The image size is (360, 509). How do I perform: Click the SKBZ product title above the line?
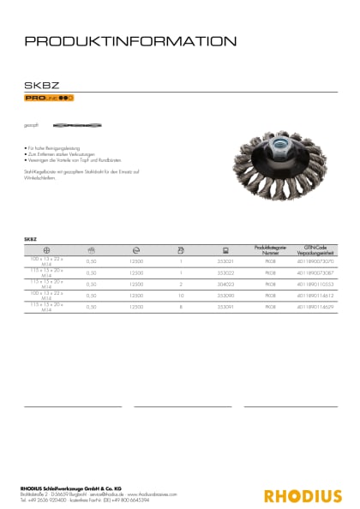pos(40,85)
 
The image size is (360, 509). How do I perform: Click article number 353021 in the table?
pos(225,260)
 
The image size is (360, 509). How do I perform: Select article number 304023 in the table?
pos(225,283)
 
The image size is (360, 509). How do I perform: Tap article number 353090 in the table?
pos(225,294)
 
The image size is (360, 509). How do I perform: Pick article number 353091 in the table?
pos(225,305)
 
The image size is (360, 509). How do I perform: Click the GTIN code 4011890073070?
pos(315,260)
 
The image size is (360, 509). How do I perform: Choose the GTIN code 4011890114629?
pos(315,305)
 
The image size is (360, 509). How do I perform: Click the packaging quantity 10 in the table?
pos(181,294)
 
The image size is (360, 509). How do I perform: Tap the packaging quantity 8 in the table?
pos(181,305)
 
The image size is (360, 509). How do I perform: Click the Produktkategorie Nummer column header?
pos(270,249)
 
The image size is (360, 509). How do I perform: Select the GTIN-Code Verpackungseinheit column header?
pos(315,249)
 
